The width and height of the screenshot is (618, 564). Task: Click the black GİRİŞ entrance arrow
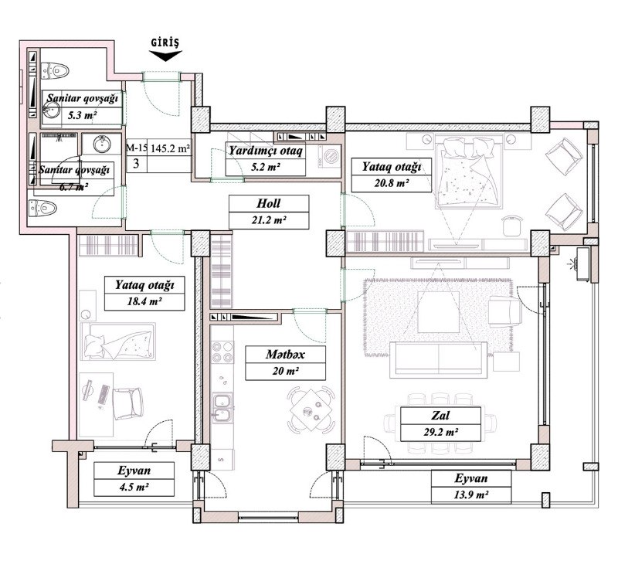coord(165,56)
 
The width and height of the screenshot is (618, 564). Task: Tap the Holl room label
coord(268,203)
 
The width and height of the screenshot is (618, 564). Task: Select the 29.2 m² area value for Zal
coord(440,433)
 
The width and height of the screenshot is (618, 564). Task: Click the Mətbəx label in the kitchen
coord(285,355)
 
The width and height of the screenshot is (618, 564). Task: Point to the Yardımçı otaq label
coord(266,151)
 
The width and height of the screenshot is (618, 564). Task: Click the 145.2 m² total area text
coord(171,148)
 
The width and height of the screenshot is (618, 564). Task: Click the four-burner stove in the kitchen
coord(222,352)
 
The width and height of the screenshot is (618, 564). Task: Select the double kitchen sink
coord(222,407)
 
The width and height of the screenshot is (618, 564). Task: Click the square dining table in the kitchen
coord(311,410)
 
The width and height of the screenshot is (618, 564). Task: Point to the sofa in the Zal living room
coord(438,358)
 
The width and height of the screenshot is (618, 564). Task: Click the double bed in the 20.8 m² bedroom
coord(469,172)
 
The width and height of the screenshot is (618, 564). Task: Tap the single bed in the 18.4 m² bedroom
coord(118,341)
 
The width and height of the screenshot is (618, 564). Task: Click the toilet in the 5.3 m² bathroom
coord(54,71)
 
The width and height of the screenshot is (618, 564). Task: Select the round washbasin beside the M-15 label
coord(102,144)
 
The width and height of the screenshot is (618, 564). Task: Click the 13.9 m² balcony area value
coord(471,494)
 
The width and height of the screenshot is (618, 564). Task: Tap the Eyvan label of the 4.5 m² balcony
coord(134,471)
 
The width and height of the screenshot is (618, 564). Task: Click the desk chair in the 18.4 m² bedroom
coord(127,403)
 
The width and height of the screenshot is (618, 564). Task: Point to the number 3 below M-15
coord(136,163)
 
